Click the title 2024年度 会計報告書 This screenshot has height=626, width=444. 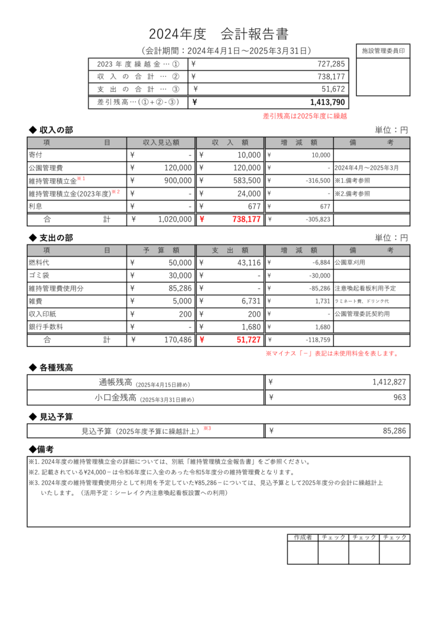(x=218, y=34)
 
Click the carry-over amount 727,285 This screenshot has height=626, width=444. (x=331, y=64)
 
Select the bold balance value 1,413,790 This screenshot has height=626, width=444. (x=327, y=103)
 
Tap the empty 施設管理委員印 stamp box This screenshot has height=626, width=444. (x=383, y=77)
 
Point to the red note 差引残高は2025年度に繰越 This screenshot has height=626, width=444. (x=305, y=116)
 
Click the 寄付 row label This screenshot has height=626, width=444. (x=36, y=155)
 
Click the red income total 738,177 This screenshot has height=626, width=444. (x=246, y=219)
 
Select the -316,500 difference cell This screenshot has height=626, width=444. (x=318, y=181)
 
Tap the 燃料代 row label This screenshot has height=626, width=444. (x=39, y=263)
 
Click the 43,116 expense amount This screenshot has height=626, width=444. (x=249, y=263)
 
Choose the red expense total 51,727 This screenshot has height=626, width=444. (x=248, y=340)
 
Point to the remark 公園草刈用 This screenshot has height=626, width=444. (x=350, y=263)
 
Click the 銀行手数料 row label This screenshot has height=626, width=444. (x=46, y=327)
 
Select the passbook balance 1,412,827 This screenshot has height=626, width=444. (x=389, y=382)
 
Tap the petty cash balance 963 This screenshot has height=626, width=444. (x=400, y=397)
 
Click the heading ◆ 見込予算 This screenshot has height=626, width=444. (x=51, y=417)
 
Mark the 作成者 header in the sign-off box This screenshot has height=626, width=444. (x=302, y=537)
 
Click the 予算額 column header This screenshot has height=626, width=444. (x=161, y=250)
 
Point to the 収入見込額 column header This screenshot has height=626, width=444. (x=161, y=143)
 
